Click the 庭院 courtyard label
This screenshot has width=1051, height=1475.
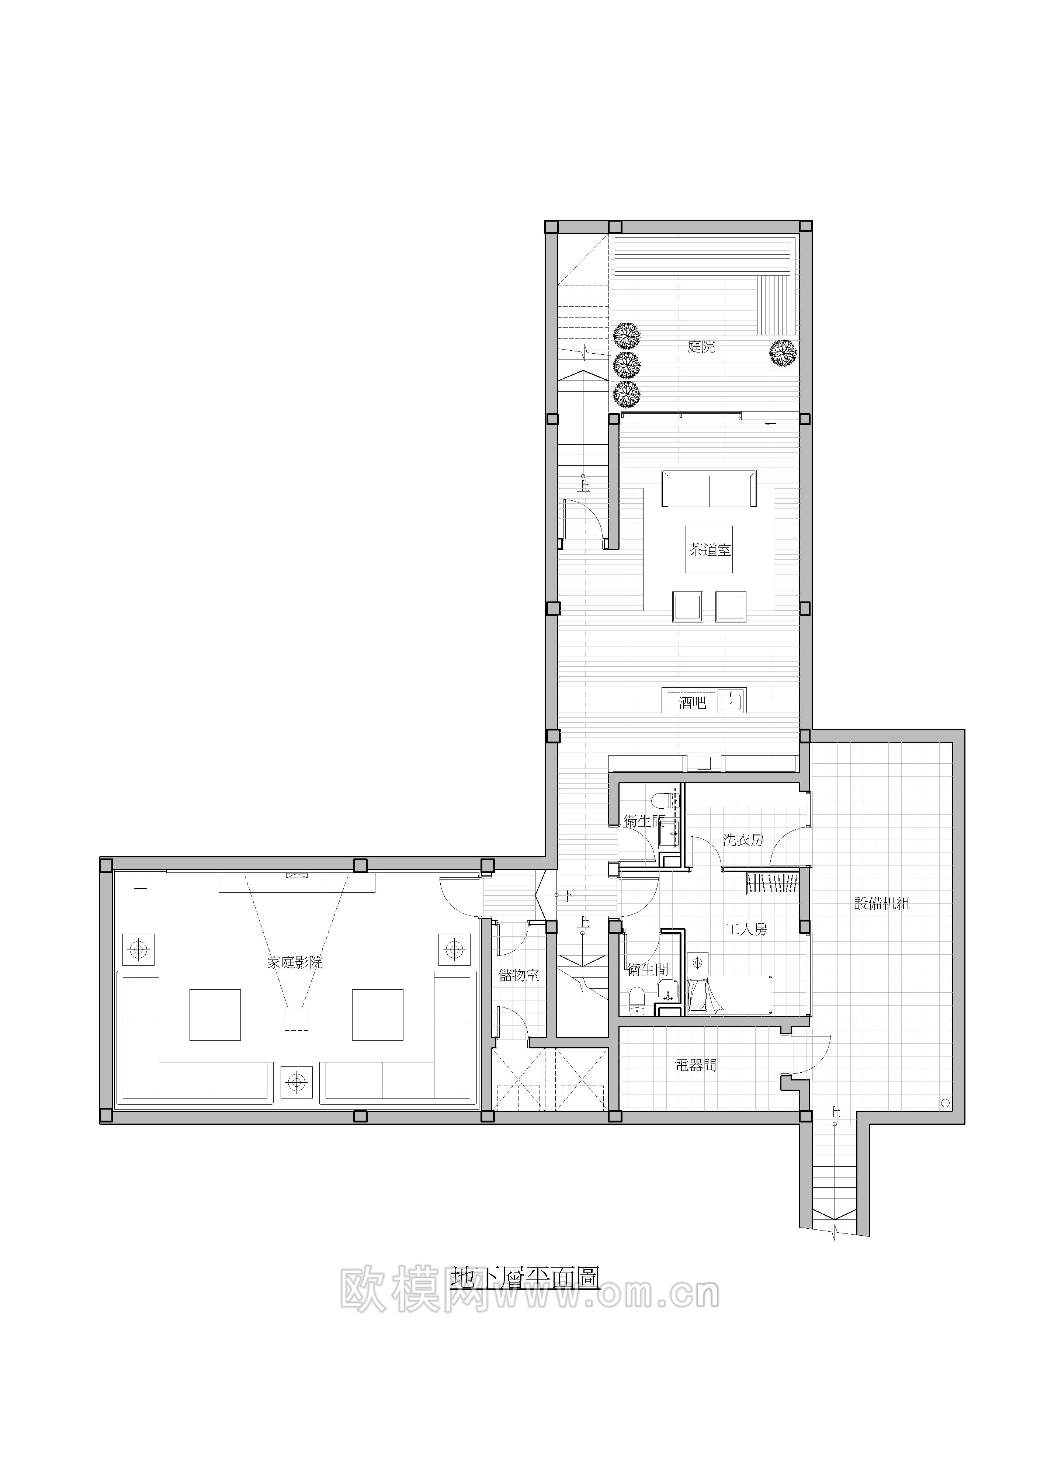[x=701, y=347]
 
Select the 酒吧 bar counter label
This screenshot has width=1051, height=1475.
[x=692, y=702]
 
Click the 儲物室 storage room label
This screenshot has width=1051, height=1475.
[x=518, y=975]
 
